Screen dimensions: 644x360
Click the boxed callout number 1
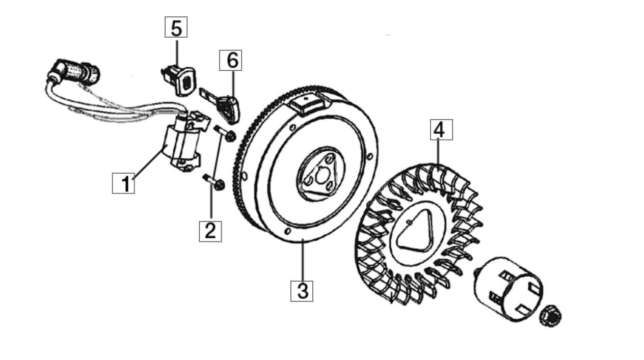(123, 183)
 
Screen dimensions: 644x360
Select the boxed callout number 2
(210, 231)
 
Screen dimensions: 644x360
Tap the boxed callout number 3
(302, 291)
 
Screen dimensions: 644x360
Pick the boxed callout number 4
(441, 130)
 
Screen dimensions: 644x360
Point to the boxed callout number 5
(176, 27)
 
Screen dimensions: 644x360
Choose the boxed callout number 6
(231, 60)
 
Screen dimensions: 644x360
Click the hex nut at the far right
(550, 316)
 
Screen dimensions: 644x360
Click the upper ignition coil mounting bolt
(225, 133)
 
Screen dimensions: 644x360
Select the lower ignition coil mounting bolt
(214, 182)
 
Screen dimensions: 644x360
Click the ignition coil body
(184, 142)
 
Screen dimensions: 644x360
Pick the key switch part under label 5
(178, 80)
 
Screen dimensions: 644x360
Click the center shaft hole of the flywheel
(321, 176)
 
